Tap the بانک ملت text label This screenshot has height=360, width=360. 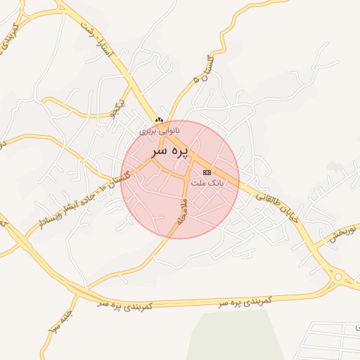coord(207,181)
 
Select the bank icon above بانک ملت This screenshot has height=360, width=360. coord(207,172)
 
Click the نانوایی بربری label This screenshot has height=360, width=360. coord(159,130)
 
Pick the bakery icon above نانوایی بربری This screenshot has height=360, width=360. coord(159,121)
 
